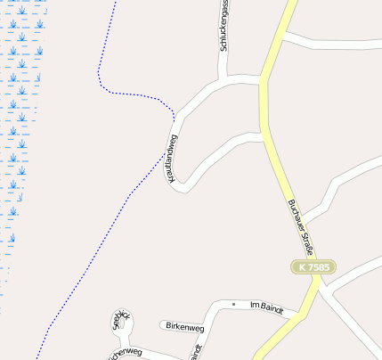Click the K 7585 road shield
coord(314,266)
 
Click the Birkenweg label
coord(184,327)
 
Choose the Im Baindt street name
coord(266,307)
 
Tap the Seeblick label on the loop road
coord(121,321)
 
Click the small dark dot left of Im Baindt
coord(233,305)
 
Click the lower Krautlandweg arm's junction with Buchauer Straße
coord(265,138)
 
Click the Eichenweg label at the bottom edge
coord(126,354)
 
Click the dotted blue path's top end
coord(116,2)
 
